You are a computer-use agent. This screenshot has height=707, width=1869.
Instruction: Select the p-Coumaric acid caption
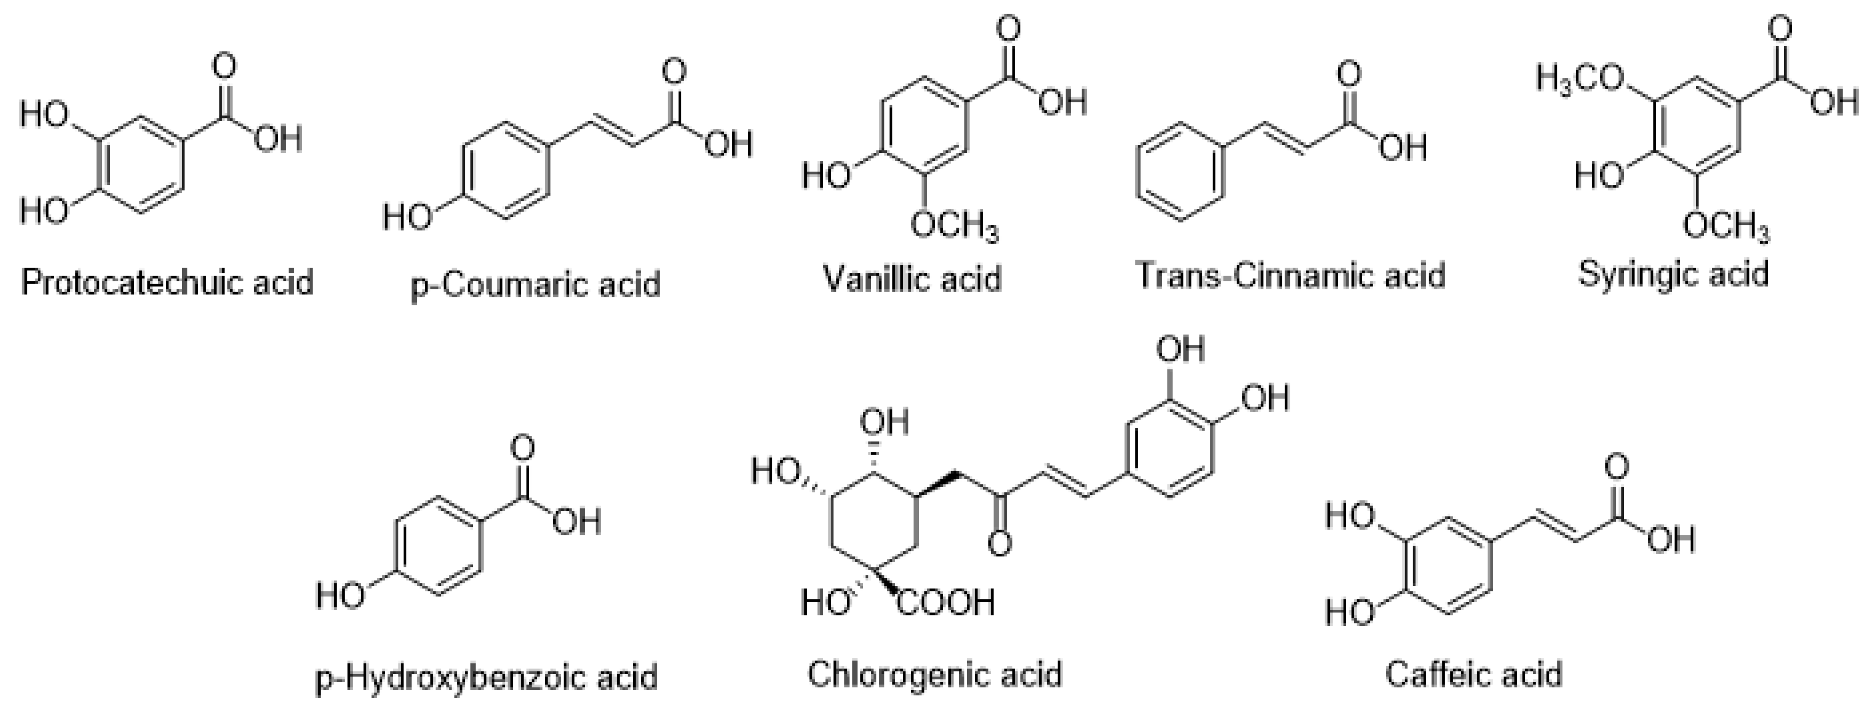point(536,284)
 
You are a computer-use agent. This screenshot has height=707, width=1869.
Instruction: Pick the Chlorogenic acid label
point(934,674)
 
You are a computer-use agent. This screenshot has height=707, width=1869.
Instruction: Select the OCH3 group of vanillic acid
point(955,227)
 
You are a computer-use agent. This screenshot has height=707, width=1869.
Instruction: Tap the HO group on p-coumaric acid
point(408,216)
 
